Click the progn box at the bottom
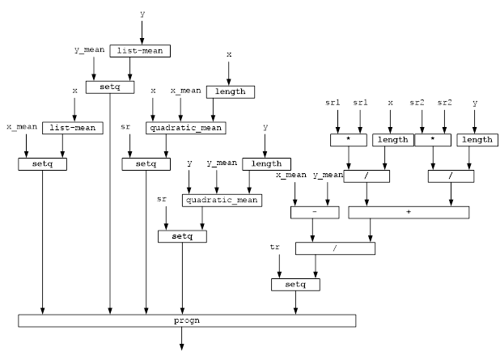point(187,320)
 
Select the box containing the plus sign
point(409,212)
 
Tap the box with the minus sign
point(314,212)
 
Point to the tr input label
point(275,246)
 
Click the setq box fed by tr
point(295,285)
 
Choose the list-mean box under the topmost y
point(140,51)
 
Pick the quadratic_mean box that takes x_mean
point(186,128)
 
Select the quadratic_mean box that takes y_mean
point(222,200)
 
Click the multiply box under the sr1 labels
point(349,140)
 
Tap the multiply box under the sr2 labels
point(434,140)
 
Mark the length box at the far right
point(477,140)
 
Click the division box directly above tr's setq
point(335,248)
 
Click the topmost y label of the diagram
point(142,14)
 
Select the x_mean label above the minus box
point(291,175)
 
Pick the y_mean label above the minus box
point(328,175)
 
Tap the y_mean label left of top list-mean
point(90,50)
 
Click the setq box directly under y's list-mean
point(110,87)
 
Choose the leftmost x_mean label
point(22,127)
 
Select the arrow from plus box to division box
point(371,231)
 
